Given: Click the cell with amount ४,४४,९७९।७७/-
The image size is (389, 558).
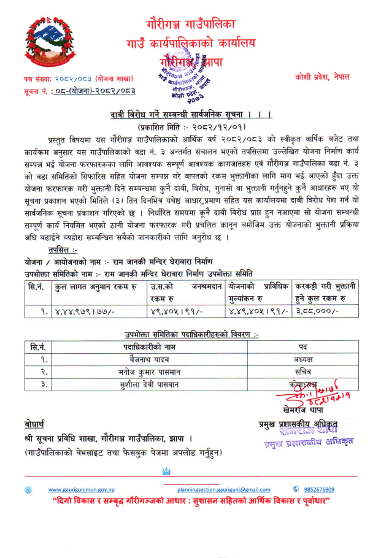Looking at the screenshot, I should [90, 311].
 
